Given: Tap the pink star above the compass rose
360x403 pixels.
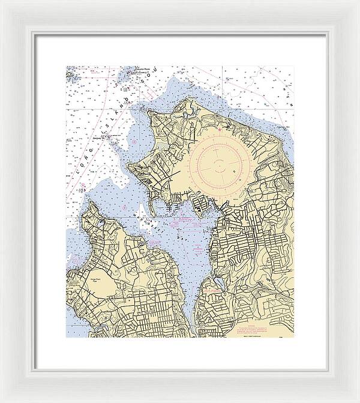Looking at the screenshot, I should click(220, 128).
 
